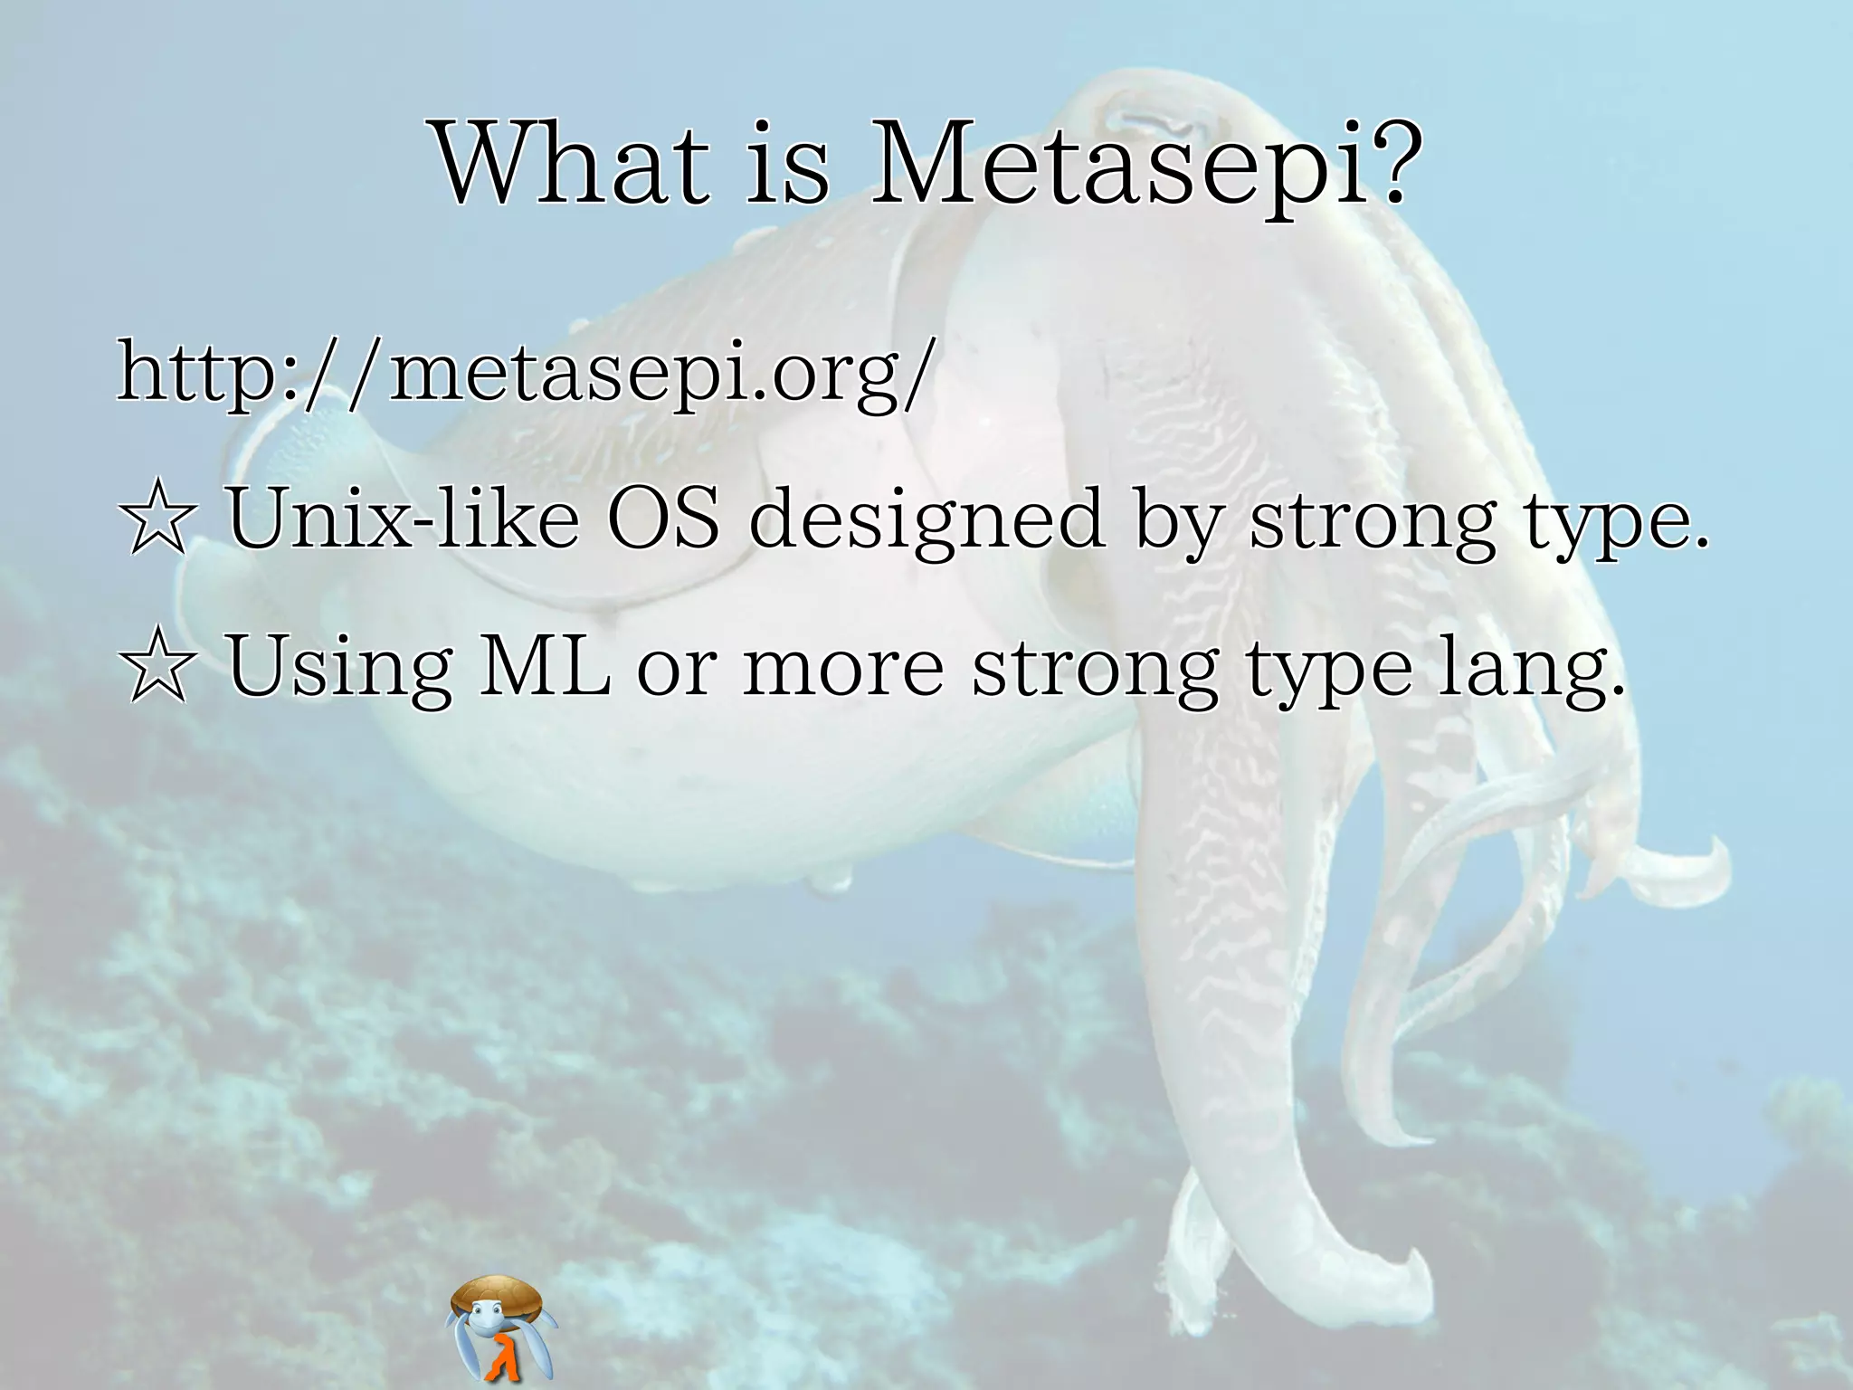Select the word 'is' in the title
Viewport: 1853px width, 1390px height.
787,165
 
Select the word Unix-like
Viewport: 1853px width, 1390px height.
404,519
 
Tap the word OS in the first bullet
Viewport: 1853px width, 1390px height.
663,519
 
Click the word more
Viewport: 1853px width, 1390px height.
843,668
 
